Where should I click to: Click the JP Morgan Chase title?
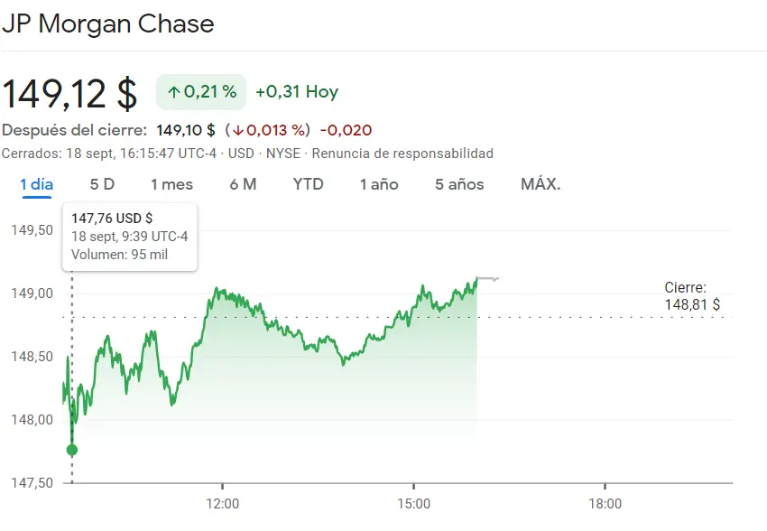pyautogui.click(x=108, y=24)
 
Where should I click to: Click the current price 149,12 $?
pyautogui.click(x=69, y=93)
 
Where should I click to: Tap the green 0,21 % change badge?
pyautogui.click(x=201, y=92)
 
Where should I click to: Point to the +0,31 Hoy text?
pyautogui.click(x=297, y=92)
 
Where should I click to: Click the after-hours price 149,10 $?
pyautogui.click(x=186, y=130)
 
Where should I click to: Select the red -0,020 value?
pyautogui.click(x=346, y=130)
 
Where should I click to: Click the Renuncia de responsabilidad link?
pyautogui.click(x=402, y=154)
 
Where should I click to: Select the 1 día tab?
pyautogui.click(x=37, y=184)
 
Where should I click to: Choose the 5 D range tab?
pyautogui.click(x=102, y=184)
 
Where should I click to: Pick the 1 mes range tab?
pyautogui.click(x=171, y=184)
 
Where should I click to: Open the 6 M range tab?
pyautogui.click(x=243, y=184)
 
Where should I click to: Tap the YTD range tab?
pyautogui.click(x=309, y=184)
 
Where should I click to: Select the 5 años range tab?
pyautogui.click(x=459, y=184)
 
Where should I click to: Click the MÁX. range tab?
pyautogui.click(x=541, y=184)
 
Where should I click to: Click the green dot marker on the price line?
pyautogui.click(x=72, y=450)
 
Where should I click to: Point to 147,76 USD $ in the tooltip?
pyautogui.click(x=113, y=218)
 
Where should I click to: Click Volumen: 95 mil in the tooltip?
pyautogui.click(x=119, y=255)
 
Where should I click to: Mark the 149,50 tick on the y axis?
pyautogui.click(x=32, y=230)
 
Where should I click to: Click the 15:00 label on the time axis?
pyautogui.click(x=413, y=503)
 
